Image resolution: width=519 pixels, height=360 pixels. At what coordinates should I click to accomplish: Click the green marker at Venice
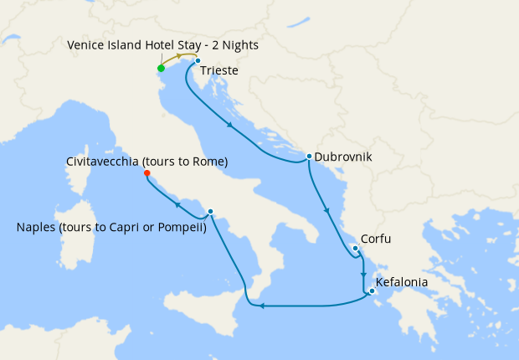(161, 68)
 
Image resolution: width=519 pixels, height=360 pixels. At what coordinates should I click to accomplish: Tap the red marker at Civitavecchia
(146, 173)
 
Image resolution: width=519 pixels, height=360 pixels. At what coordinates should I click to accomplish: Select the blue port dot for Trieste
(197, 61)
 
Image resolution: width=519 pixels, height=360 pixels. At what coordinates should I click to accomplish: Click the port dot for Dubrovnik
(309, 156)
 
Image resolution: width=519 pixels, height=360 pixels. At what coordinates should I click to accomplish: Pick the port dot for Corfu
(356, 248)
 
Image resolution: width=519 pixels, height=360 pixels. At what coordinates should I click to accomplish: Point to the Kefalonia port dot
(372, 291)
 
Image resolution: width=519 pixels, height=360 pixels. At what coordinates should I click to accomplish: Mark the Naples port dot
(210, 211)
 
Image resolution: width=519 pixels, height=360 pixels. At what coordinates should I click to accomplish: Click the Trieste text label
(219, 72)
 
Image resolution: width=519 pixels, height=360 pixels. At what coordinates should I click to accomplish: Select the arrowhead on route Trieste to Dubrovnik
(230, 126)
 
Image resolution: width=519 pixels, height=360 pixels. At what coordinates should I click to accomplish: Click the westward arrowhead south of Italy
(263, 306)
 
